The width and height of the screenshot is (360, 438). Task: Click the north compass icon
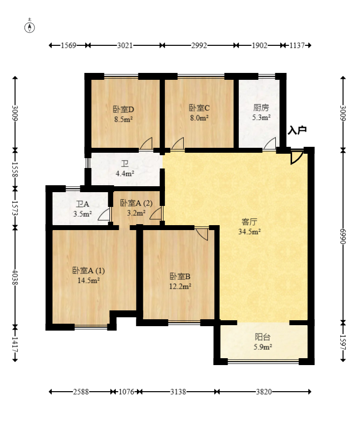pos(30,28)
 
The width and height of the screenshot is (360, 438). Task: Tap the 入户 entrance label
pos(297,130)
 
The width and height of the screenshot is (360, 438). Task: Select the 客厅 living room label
pos(249,222)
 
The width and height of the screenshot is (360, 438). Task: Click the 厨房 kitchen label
pos(261,107)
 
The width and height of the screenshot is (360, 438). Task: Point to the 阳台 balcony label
pos(262,337)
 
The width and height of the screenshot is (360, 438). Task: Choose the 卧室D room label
pos(124,109)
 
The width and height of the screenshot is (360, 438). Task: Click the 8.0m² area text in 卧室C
pos(199,118)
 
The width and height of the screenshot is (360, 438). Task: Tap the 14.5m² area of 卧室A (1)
pos(89,280)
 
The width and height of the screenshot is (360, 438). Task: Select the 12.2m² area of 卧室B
pos(180,286)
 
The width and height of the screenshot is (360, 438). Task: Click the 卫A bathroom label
pos(82,204)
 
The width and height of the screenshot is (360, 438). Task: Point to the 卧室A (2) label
pos(136,203)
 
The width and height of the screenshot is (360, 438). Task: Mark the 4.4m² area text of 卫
pos(125,173)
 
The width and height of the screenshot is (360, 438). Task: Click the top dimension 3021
pos(125,45)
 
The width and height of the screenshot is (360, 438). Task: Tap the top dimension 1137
pos(296,45)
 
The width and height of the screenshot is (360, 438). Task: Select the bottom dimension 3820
pos(264,392)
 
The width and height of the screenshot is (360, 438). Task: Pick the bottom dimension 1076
pos(127,392)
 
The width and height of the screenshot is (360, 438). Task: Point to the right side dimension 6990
pos(343,236)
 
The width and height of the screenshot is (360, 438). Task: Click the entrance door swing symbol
pos(296,157)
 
